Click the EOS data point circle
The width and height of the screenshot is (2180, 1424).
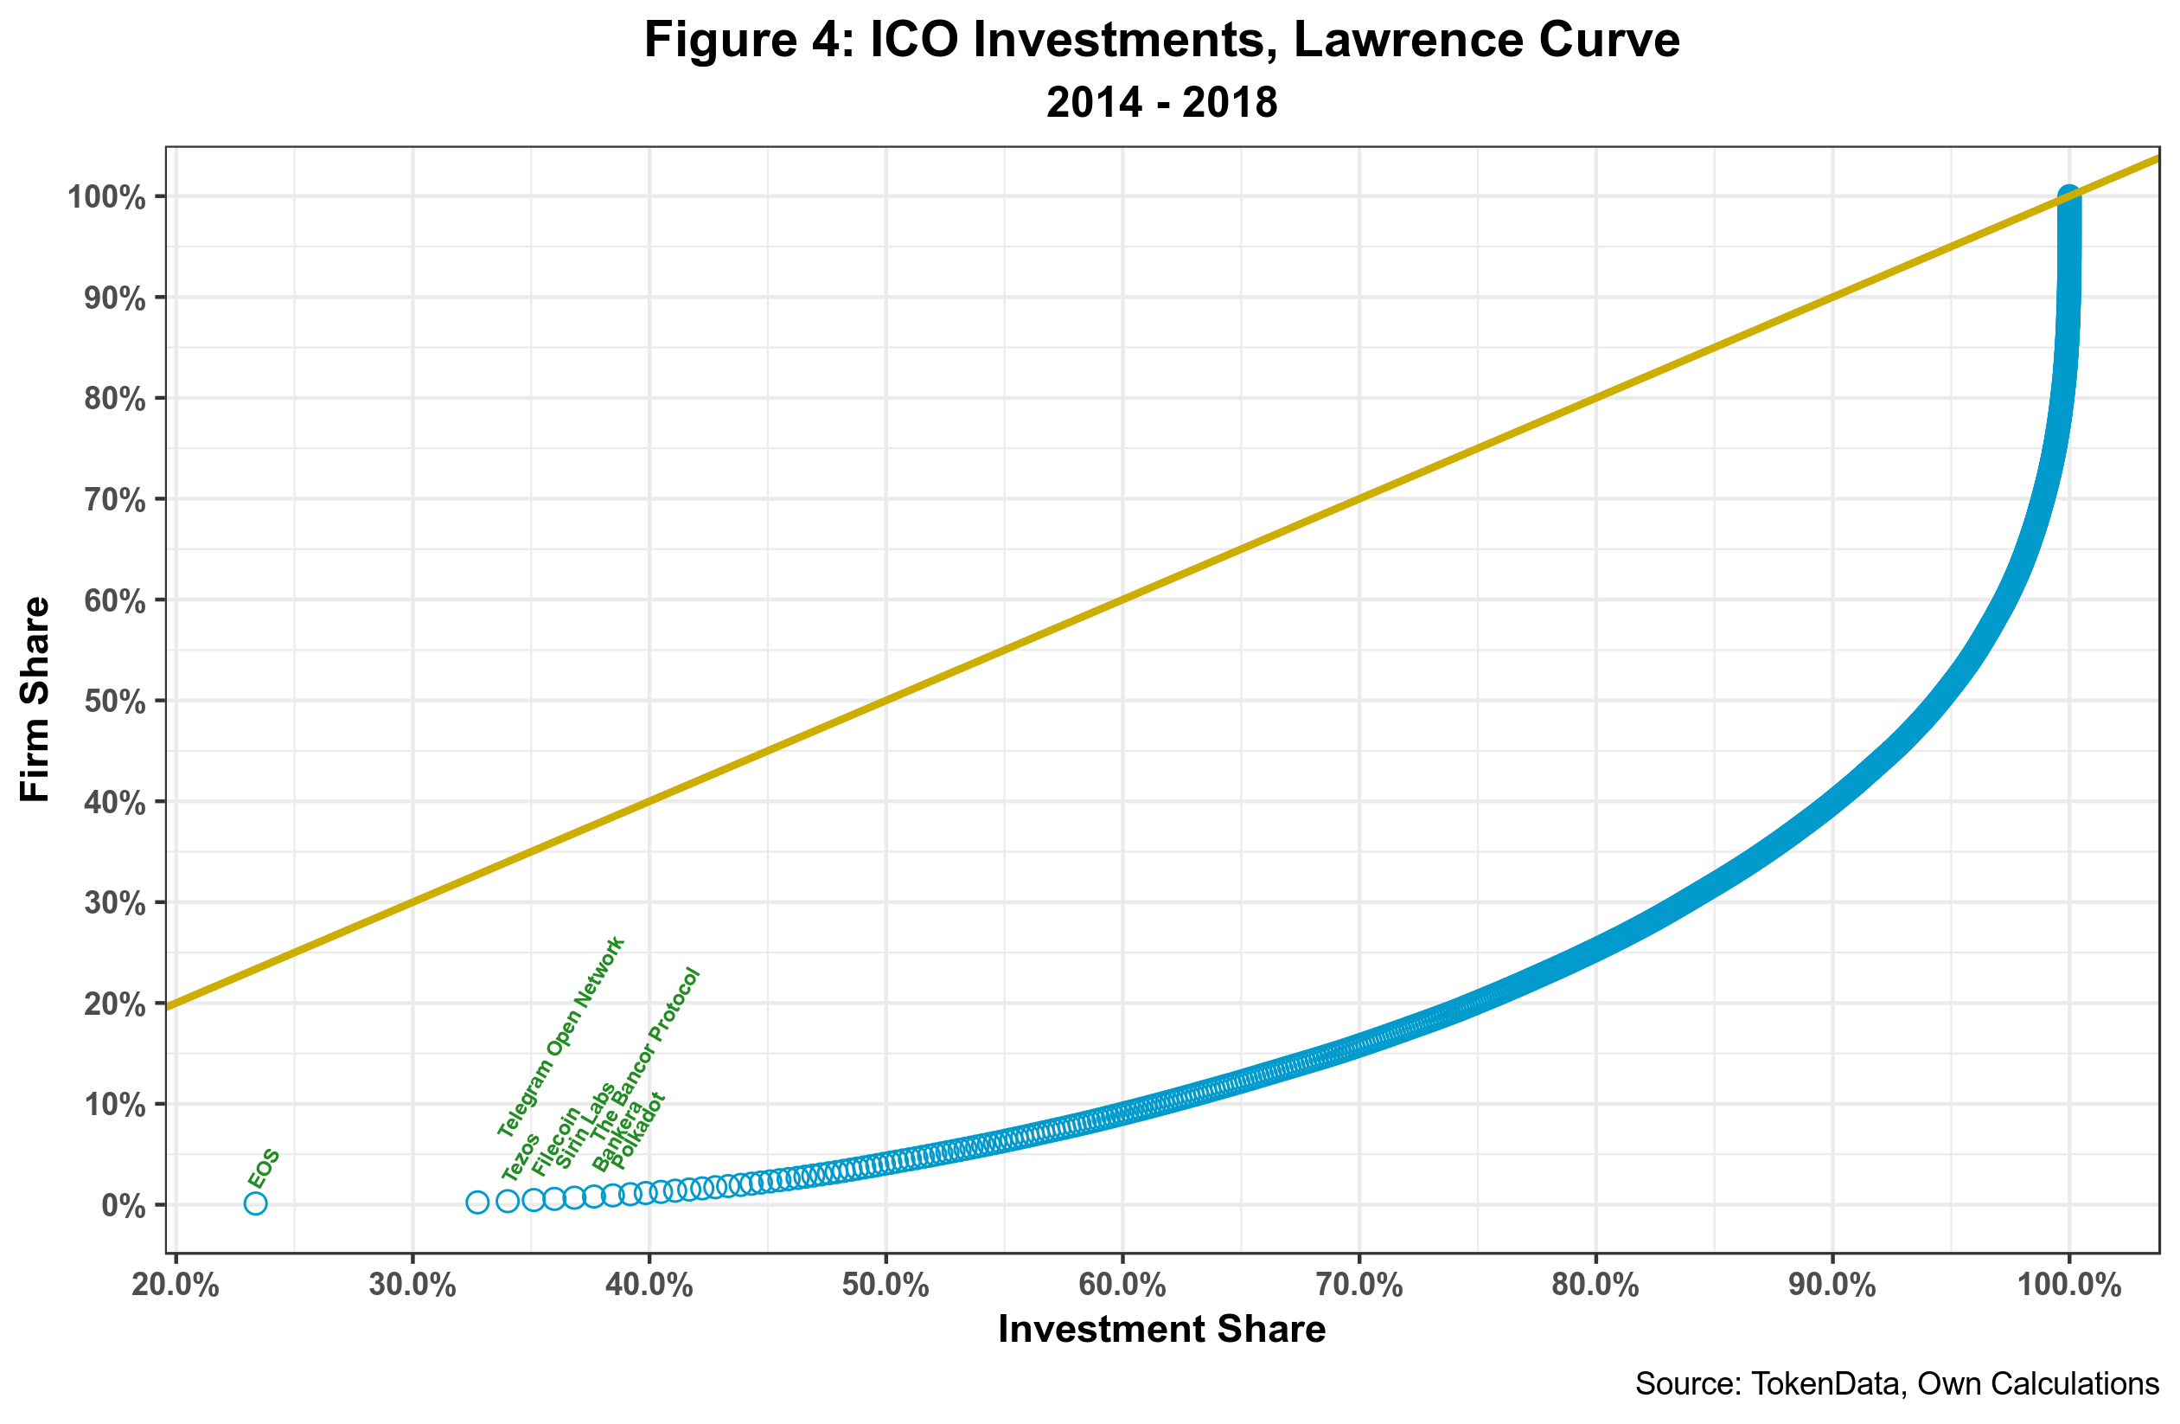(256, 1203)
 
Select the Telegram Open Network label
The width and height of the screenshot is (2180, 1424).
(560, 1037)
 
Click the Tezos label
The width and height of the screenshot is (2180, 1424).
(521, 1157)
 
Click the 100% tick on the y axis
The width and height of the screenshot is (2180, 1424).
(106, 197)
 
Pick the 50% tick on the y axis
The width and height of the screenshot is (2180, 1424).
(114, 701)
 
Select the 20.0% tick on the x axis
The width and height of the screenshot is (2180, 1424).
(176, 1286)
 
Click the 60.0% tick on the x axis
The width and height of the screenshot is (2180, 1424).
(1122, 1286)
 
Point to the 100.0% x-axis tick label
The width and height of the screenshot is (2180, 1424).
(2069, 1286)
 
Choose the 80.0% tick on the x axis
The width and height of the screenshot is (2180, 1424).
(1595, 1286)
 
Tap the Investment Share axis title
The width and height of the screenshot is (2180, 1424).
(1161, 1329)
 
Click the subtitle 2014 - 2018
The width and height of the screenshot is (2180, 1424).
(1161, 102)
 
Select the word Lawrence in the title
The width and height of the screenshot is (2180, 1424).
(1406, 41)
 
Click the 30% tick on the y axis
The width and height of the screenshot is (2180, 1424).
(114, 903)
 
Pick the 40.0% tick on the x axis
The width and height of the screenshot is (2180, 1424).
(649, 1286)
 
